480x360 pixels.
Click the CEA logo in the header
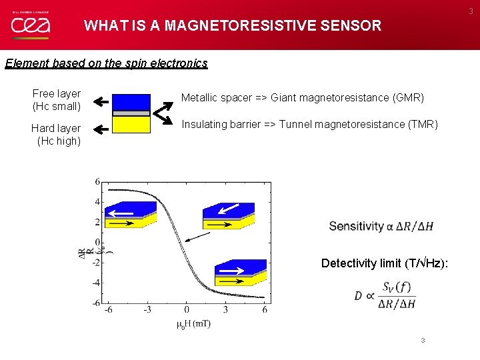pos(29,26)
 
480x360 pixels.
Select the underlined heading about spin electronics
pos(106,63)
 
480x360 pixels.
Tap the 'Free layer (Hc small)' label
pos(57,100)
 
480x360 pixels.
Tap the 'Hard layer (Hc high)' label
pos(56,134)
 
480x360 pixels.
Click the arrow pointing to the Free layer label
pos(101,102)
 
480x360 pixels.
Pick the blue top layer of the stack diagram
pos(131,102)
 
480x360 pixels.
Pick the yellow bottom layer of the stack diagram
pos(131,125)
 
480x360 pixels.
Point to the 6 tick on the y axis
pos(97,181)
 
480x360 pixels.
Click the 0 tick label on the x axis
pos(186,309)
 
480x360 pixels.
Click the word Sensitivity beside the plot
pos(356,226)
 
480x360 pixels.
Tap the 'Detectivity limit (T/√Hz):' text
pos(385,263)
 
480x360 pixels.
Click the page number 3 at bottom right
pos(422,341)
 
